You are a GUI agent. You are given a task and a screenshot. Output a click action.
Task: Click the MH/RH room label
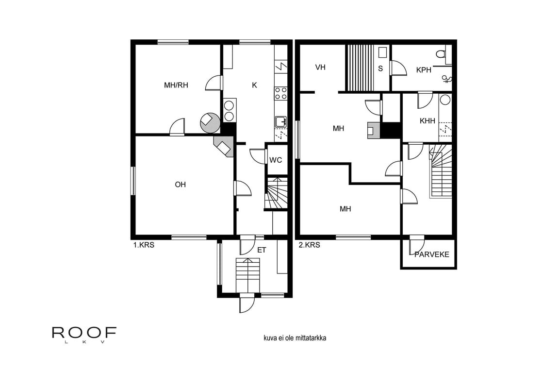tap(176, 85)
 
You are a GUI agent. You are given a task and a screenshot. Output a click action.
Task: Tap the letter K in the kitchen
tap(254, 85)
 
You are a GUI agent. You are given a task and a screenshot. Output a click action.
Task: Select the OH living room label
tap(180, 185)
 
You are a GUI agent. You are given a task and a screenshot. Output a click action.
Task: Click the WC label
tap(276, 160)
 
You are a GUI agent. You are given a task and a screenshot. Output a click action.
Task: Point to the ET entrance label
tap(262, 251)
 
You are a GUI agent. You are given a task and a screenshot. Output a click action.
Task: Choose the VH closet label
tap(320, 68)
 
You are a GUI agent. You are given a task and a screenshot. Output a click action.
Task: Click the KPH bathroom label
tap(424, 70)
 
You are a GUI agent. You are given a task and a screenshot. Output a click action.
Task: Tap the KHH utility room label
tap(427, 121)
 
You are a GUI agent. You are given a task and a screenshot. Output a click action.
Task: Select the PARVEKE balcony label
tap(432, 254)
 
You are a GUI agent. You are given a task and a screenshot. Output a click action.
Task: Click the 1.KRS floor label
tap(144, 245)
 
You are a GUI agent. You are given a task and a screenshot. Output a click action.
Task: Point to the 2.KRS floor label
tap(309, 245)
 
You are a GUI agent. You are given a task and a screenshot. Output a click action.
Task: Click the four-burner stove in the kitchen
tap(280, 93)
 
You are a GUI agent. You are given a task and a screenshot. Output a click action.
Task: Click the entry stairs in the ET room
tap(248, 275)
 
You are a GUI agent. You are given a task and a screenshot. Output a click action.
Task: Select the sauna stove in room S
tap(382, 52)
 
